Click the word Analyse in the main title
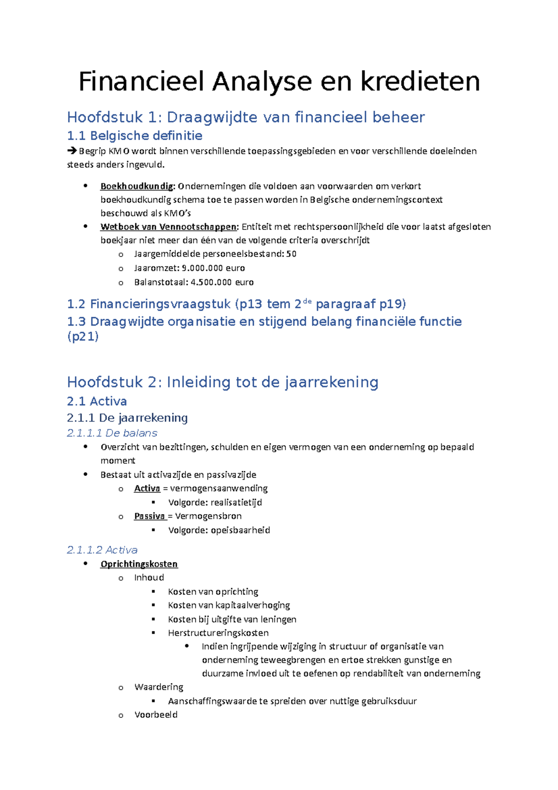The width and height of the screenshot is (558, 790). coord(262,82)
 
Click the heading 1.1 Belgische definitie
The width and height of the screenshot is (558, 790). coord(134,136)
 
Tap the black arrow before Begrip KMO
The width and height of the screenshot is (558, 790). coord(72,151)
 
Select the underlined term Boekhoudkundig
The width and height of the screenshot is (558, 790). coord(137,186)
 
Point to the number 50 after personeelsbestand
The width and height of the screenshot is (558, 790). coord(291,254)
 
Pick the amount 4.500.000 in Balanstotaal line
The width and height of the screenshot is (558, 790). coord(212,282)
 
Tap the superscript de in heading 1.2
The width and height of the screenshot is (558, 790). coord(306,301)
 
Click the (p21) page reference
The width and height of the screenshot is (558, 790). coord(83,336)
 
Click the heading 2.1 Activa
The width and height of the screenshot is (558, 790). coord(97,401)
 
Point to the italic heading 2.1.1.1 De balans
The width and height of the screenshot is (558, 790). coord(112,433)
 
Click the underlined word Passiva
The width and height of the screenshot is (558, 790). coord(149,516)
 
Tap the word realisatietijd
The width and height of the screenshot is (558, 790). coord(236,502)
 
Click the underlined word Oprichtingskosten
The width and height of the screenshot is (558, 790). coord(139,564)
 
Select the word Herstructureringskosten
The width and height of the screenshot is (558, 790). coord(218,633)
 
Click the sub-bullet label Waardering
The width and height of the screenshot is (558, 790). coord(159,687)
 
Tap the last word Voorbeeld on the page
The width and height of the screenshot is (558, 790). coord(156,715)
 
